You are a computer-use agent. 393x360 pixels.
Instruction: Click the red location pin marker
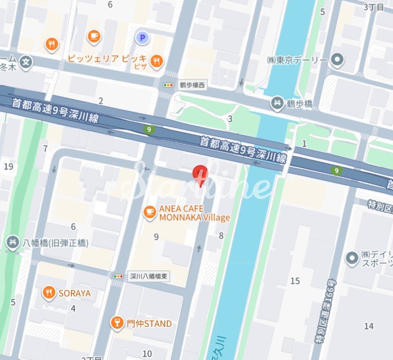200,175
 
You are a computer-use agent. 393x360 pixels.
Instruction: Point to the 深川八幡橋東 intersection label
148,276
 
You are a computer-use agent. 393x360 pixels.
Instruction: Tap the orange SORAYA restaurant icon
48,293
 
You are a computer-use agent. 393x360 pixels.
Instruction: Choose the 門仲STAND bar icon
117,323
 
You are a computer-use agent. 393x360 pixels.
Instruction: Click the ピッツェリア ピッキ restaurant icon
157,60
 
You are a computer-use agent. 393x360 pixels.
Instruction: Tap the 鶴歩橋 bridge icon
276,104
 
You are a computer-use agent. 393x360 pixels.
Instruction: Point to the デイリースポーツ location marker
352,257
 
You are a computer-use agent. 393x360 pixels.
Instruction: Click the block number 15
295,281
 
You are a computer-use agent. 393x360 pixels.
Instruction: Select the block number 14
368,326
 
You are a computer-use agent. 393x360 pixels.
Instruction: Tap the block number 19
8,166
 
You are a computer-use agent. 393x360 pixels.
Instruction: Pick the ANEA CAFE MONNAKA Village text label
194,213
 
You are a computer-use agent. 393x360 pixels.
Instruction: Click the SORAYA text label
74,293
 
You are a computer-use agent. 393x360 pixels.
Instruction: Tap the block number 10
147,353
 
